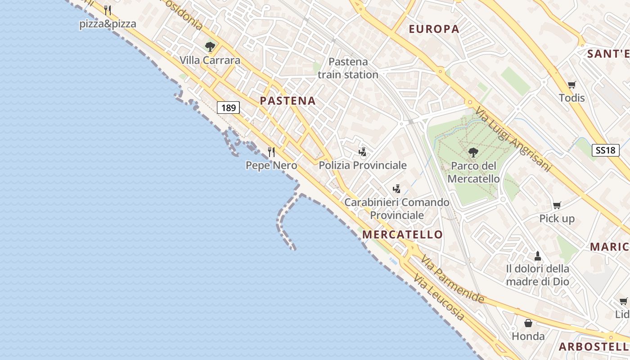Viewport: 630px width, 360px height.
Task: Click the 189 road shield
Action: [x=229, y=108]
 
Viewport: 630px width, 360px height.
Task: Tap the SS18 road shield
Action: [x=605, y=150]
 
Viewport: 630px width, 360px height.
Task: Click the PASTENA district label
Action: [x=288, y=101]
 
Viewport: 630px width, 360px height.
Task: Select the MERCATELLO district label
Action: [x=402, y=234]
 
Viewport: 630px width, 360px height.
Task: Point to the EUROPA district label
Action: [x=434, y=29]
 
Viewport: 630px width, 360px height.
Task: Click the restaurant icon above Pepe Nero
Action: [x=271, y=152]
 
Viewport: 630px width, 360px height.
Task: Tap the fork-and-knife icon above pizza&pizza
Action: [x=108, y=10]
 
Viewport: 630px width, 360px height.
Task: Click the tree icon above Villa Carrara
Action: [x=210, y=46]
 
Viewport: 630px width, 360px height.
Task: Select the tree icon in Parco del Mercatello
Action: [x=473, y=153]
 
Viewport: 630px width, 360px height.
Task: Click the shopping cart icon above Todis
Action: [x=572, y=85]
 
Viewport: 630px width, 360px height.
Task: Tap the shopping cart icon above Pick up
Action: [x=557, y=206]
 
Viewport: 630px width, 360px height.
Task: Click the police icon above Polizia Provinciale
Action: [x=363, y=152]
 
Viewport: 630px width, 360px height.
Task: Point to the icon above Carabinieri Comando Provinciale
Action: [x=397, y=189]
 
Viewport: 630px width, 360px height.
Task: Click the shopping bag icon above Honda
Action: [x=528, y=323]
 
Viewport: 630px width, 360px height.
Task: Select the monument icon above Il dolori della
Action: [x=537, y=256]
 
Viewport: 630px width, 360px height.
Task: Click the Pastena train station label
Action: [x=348, y=68]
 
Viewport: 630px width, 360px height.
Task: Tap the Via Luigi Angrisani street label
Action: [x=513, y=139]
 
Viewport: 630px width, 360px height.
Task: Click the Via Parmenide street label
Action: [x=452, y=279]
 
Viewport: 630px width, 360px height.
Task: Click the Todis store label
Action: [x=572, y=98]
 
